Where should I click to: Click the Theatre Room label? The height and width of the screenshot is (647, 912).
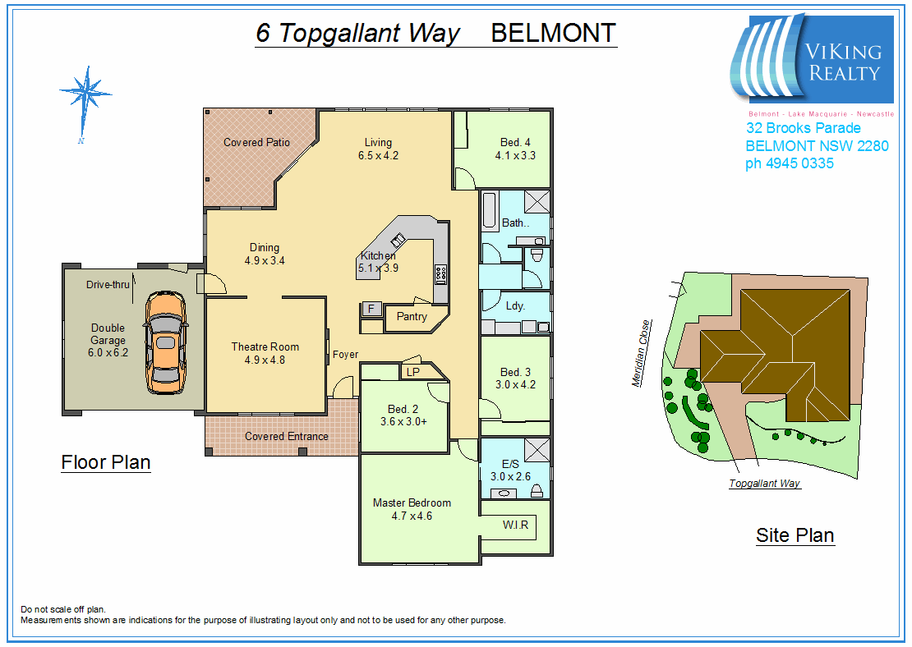tap(265, 346)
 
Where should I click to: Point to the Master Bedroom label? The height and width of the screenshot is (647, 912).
tap(412, 502)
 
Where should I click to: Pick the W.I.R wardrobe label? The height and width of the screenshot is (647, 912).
tap(515, 525)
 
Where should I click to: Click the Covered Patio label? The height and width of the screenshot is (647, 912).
tap(256, 142)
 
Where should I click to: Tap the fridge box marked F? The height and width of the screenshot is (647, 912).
tap(371, 309)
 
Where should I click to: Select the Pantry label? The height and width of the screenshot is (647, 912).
tap(412, 316)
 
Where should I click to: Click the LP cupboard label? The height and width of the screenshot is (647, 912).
tap(412, 372)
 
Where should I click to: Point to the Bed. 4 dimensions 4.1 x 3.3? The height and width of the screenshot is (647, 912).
tap(515, 155)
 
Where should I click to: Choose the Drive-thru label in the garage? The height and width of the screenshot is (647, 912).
tap(108, 285)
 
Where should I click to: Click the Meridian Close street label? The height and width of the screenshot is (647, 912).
tap(640, 353)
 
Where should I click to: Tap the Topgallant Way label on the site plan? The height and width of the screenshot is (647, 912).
tap(764, 484)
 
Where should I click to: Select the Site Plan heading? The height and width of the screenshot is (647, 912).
tap(795, 536)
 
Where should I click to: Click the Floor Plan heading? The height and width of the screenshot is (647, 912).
tap(106, 462)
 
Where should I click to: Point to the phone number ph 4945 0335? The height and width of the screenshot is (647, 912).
tap(789, 163)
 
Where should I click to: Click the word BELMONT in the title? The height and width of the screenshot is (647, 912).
tap(553, 33)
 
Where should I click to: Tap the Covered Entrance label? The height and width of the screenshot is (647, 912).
tap(286, 436)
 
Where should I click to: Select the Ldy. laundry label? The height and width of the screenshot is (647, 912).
tap(515, 305)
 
